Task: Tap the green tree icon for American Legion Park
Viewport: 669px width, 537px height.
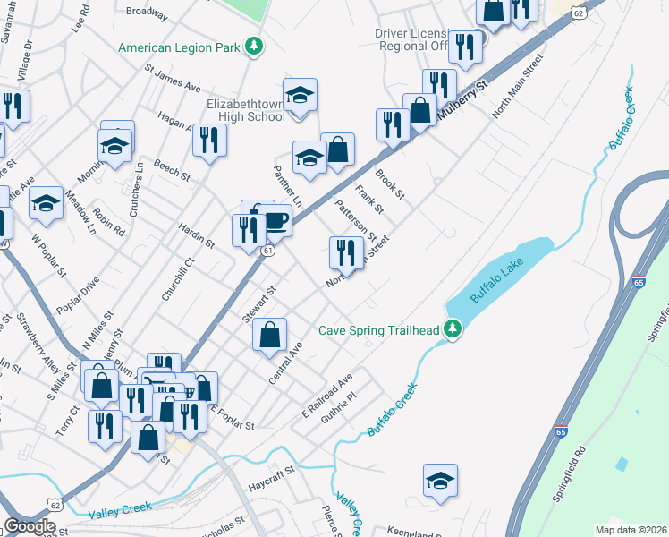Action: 254,44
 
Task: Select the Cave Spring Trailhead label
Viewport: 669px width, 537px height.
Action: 380,330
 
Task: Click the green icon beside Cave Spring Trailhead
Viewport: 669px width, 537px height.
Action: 453,329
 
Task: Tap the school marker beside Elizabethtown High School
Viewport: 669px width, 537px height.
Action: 301,97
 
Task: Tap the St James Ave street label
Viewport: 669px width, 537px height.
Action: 173,77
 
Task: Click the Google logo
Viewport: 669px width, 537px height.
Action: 30,525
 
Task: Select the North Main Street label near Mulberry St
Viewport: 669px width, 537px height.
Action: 519,89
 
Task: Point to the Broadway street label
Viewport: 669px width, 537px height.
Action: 147,13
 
